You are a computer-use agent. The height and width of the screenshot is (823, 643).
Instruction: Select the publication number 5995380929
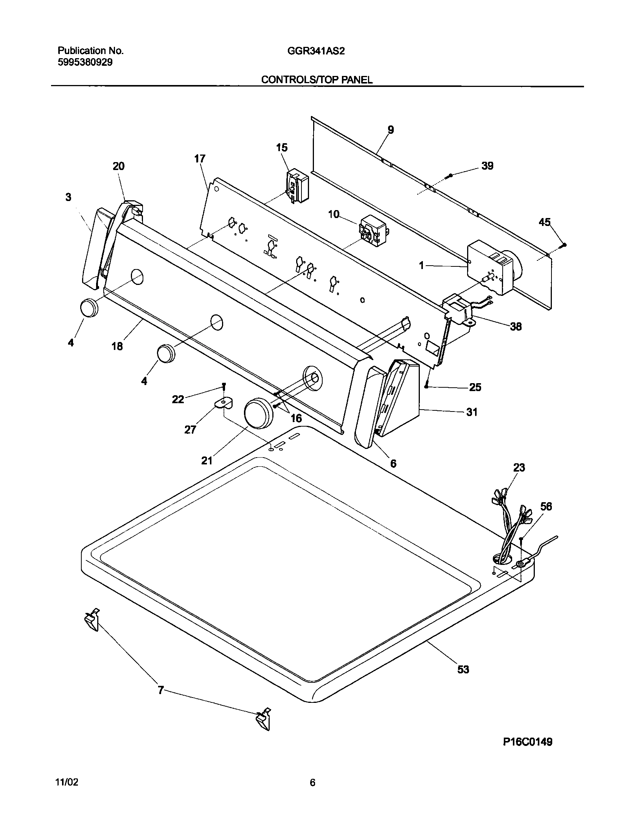85,62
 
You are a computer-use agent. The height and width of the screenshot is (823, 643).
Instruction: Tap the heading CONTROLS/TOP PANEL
317,80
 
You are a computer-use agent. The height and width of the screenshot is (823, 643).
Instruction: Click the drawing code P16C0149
527,742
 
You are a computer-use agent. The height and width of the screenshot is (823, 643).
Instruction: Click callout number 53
463,669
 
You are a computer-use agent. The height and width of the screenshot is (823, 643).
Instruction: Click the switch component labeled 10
372,230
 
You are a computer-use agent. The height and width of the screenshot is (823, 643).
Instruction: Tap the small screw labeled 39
449,176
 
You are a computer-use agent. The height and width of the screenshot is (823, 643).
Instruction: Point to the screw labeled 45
564,245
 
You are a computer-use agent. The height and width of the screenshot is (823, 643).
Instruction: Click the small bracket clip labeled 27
224,404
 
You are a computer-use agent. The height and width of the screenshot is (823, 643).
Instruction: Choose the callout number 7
161,690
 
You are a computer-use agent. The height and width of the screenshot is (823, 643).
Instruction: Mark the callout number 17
200,159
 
